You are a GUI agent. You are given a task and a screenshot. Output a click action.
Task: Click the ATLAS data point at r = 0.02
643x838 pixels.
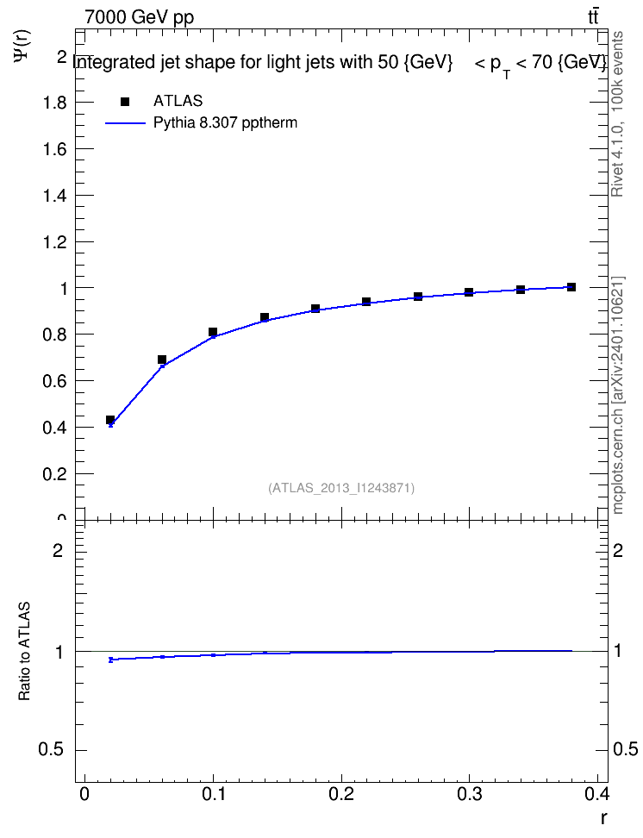(x=110, y=420)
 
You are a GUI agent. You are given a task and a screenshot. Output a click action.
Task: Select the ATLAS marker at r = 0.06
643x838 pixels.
(x=162, y=360)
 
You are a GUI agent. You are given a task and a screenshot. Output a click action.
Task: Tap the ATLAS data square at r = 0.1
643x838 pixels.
(x=213, y=332)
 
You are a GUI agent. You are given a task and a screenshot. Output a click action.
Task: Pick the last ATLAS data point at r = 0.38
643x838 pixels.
(x=571, y=287)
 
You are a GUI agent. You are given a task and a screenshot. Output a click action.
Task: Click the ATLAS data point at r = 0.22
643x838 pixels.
(x=366, y=302)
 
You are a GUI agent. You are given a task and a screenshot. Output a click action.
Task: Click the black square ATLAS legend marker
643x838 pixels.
(x=125, y=102)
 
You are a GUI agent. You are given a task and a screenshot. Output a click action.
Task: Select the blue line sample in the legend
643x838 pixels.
(x=125, y=123)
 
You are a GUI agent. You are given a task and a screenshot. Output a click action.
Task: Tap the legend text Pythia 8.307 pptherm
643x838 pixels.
(x=225, y=123)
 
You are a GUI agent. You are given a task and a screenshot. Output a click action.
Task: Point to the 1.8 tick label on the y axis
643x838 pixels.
(x=54, y=103)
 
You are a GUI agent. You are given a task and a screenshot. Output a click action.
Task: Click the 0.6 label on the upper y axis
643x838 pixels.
(x=54, y=381)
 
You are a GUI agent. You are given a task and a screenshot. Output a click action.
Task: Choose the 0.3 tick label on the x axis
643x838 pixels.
(x=469, y=794)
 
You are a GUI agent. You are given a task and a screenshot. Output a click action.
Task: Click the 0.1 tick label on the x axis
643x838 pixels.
(x=213, y=794)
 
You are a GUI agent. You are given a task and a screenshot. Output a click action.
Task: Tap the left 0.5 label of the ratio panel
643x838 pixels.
(x=50, y=750)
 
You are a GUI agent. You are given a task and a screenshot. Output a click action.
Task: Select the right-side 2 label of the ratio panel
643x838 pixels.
(x=618, y=550)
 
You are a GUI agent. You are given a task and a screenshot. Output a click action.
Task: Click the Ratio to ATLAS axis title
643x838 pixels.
(x=24, y=651)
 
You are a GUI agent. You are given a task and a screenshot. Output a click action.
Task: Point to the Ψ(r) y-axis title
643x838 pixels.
(x=23, y=46)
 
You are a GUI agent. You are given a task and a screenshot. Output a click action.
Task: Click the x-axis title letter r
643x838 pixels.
(x=603, y=818)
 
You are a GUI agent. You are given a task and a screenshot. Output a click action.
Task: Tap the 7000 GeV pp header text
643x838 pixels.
(x=139, y=17)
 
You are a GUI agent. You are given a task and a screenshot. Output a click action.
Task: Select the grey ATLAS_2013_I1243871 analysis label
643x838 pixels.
(x=341, y=488)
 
